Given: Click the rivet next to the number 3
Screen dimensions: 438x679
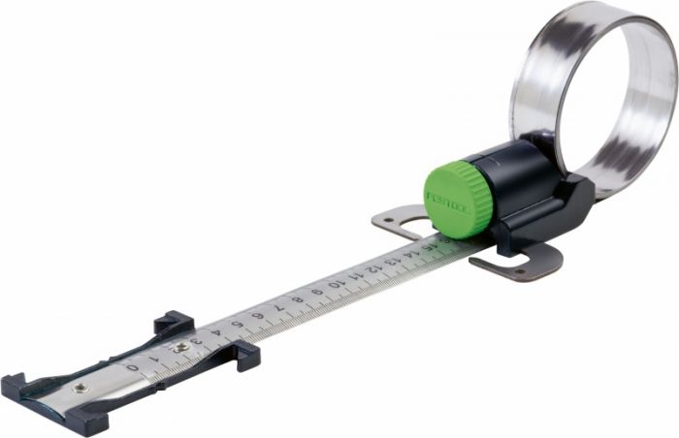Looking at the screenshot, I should (180, 345).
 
